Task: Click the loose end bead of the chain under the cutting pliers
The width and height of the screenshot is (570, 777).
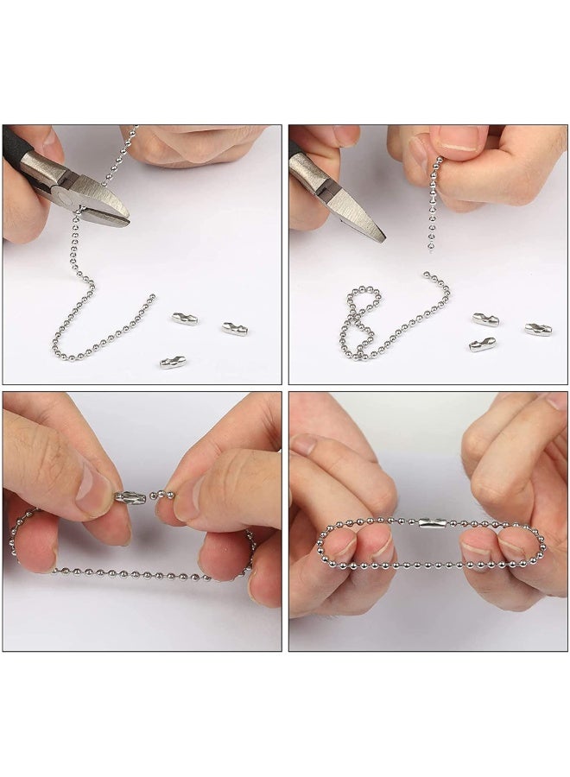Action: (x=153, y=296)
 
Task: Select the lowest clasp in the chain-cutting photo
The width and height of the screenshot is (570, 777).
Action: (x=172, y=362)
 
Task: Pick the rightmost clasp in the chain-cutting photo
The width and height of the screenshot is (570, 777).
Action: (x=234, y=328)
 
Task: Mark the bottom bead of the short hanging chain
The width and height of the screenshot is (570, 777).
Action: (x=429, y=248)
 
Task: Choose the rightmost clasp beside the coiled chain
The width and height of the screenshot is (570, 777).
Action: (x=538, y=329)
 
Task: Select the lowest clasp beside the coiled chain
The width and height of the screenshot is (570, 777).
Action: (x=482, y=345)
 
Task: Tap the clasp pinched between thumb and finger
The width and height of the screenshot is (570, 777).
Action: (x=130, y=498)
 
